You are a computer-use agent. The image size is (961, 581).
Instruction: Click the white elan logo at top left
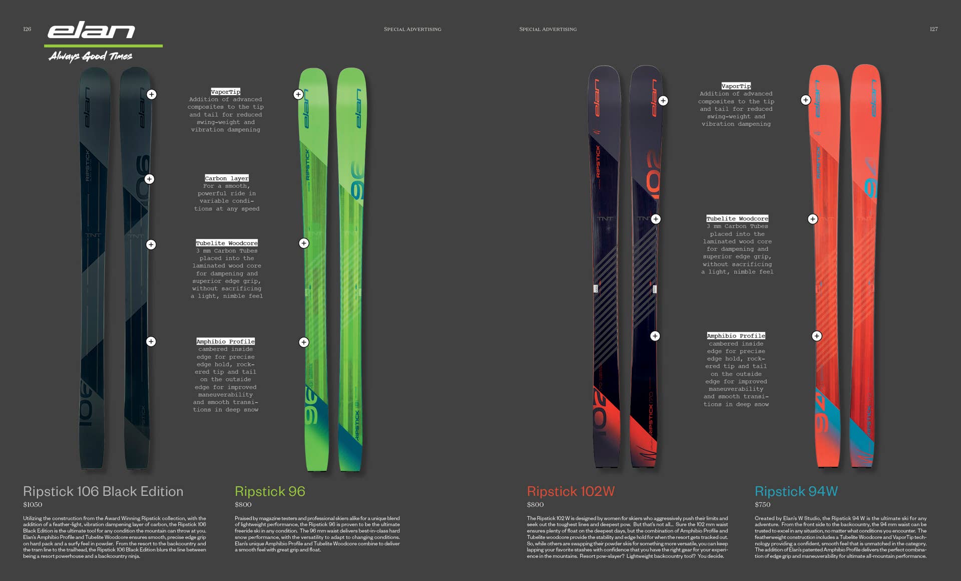tap(91, 31)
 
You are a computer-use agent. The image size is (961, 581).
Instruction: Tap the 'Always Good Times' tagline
tap(91, 56)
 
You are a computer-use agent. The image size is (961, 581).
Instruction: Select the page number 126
tap(27, 29)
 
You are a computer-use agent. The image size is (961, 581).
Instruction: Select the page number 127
tap(933, 29)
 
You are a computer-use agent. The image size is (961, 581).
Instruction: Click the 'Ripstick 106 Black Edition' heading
tap(103, 491)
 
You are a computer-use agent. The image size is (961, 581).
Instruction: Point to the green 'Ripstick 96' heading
tap(270, 491)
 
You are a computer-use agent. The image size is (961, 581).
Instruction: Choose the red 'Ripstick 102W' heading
tap(571, 491)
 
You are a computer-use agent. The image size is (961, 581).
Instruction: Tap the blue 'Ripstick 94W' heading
tap(796, 491)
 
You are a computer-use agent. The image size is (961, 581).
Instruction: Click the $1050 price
tap(33, 504)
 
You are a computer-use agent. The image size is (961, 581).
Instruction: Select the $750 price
tap(763, 504)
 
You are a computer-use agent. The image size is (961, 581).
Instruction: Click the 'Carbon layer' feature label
tap(227, 178)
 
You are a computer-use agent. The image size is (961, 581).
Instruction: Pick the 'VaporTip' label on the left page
tap(225, 92)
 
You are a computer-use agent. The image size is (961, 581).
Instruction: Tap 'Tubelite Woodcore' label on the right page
tap(737, 218)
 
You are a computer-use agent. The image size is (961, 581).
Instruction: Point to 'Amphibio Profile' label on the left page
tap(225, 341)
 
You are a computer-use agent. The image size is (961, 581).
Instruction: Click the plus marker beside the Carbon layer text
tap(149, 179)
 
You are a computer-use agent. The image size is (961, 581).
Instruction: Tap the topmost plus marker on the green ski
tap(298, 94)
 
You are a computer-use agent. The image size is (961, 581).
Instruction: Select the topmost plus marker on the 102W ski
tap(663, 101)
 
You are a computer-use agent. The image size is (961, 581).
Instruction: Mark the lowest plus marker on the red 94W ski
tap(817, 336)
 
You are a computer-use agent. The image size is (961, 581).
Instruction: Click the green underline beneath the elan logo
tap(103, 46)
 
